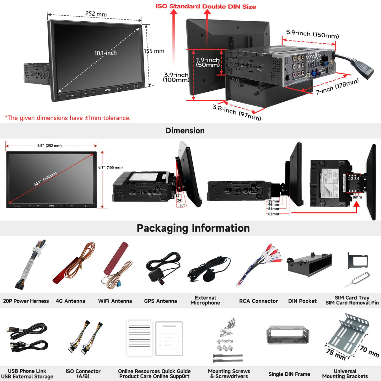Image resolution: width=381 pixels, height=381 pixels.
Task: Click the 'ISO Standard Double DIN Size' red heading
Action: (x=206, y=7)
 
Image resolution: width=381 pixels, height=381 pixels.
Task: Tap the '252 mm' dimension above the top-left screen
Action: (x=96, y=14)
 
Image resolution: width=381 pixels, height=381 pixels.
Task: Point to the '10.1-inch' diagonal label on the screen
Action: (x=105, y=53)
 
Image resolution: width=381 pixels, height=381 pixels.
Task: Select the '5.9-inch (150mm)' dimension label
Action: (x=312, y=34)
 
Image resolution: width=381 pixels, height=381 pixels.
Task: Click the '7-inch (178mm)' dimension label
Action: (x=337, y=87)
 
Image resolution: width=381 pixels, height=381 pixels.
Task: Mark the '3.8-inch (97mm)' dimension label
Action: (x=237, y=112)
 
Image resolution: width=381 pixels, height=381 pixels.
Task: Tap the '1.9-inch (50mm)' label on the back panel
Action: (x=208, y=62)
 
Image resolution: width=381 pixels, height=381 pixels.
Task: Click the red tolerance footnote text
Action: (x=68, y=118)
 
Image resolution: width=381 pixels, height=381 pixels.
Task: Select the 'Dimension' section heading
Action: (x=185, y=131)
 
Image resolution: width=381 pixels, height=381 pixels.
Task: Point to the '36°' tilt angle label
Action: (x=182, y=205)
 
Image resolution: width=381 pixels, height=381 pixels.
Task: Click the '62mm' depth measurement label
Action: (x=273, y=214)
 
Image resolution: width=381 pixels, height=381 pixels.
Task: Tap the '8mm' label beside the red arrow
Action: (x=357, y=197)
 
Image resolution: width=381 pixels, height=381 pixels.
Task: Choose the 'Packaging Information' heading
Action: (x=193, y=228)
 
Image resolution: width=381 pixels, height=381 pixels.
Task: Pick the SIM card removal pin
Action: (x=357, y=280)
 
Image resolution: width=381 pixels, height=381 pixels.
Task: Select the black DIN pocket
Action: (x=309, y=264)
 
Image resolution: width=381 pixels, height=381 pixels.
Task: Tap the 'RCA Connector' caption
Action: (x=258, y=301)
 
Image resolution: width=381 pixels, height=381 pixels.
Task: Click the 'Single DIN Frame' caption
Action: (x=289, y=374)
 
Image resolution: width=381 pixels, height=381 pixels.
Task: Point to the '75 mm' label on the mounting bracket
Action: (x=336, y=354)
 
